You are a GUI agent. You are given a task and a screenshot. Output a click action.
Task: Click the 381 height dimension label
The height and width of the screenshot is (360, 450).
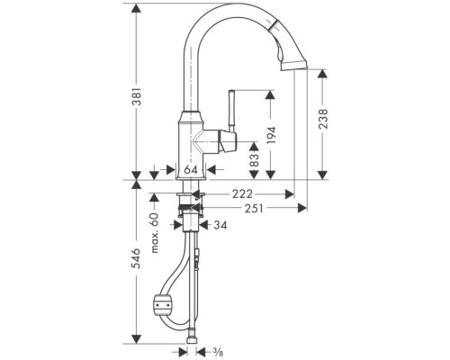(137, 96)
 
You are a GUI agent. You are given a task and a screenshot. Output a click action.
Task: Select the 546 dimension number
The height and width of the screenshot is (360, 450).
(137, 258)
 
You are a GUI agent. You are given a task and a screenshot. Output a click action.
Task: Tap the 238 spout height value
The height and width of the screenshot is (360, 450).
(323, 119)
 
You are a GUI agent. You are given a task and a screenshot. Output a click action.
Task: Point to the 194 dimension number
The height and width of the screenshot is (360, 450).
(271, 135)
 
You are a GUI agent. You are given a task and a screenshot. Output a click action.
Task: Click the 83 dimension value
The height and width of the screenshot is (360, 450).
(254, 160)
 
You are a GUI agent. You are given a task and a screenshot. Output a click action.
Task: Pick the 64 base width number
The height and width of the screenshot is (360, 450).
(191, 170)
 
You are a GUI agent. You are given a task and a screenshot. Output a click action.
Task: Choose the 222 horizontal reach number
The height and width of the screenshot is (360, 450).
(242, 194)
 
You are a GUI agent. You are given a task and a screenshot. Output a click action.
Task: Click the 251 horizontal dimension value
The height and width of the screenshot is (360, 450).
(254, 208)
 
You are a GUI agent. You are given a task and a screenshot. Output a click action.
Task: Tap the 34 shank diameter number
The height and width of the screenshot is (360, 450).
(220, 225)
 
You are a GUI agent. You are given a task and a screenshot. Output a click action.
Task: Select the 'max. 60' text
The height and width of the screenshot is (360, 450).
(155, 233)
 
